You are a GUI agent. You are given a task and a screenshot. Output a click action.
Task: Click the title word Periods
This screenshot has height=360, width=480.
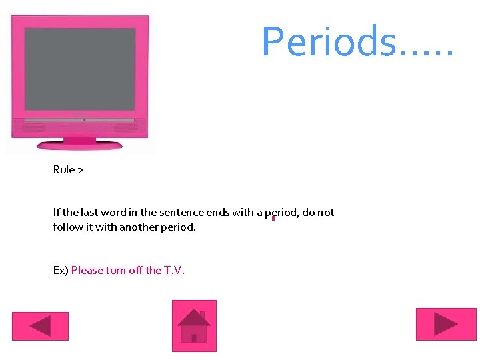pos(331,41)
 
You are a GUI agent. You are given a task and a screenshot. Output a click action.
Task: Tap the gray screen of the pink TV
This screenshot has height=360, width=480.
pos(80,69)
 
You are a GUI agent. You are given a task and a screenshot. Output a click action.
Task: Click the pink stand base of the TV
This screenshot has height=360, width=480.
pos(79,145)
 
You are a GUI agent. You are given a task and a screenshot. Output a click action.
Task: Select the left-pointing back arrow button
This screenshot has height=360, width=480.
pos(40,326)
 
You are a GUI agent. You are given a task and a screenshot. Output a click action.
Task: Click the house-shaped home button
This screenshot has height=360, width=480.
pos(194,325)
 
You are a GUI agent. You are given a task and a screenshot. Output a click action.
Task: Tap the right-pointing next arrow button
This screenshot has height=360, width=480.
pos(446,324)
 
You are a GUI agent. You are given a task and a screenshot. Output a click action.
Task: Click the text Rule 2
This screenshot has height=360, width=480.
pos(68,170)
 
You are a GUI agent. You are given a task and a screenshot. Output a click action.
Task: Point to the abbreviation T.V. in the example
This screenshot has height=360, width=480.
pos(174,270)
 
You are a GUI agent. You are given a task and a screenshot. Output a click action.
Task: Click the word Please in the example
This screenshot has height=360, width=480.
pos(87,270)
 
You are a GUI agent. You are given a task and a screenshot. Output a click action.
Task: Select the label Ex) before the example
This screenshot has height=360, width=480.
pos(61,270)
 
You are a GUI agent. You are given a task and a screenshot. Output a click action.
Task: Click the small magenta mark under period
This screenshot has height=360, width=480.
pos(273,218)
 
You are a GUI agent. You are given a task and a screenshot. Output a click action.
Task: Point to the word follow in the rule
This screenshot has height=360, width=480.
pos(67,227)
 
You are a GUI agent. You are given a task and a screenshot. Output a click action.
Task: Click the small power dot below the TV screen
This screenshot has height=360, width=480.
pos(84,120)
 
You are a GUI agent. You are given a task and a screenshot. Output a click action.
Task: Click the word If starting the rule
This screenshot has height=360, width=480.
pos(57,213)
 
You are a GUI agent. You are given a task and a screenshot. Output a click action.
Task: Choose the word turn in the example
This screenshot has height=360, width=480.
pos(117,270)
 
